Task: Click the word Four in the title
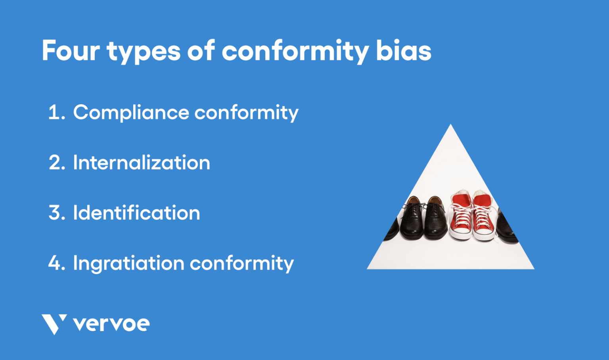click(x=71, y=51)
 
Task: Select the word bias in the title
click(x=403, y=51)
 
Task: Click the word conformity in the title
click(x=295, y=52)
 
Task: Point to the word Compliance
click(x=131, y=113)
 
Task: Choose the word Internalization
click(x=142, y=163)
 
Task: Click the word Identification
click(x=136, y=213)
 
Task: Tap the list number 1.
click(x=56, y=113)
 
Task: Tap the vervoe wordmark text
click(x=111, y=324)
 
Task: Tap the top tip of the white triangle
click(x=450, y=126)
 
